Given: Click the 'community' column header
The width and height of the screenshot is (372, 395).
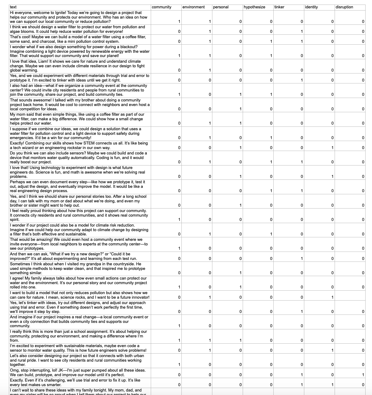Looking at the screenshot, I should click(162, 7).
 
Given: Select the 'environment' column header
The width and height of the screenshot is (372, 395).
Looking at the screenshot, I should click(194, 7).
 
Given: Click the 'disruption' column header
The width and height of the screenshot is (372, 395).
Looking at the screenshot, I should click(344, 7).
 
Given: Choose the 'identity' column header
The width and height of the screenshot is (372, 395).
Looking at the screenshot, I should click(312, 7).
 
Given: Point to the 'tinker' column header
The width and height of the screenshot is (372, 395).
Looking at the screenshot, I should click(279, 7).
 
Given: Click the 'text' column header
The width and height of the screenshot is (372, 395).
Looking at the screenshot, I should click(13, 7).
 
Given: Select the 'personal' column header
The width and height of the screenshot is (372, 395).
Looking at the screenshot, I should click(221, 7).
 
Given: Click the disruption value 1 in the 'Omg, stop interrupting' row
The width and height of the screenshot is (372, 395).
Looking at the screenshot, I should click(363, 375).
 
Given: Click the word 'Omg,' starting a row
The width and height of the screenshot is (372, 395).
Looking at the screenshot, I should click(15, 370).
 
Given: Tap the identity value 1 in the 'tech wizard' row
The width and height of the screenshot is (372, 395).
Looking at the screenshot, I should click(332, 148).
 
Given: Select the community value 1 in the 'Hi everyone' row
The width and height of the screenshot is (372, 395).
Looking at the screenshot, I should click(179, 22).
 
